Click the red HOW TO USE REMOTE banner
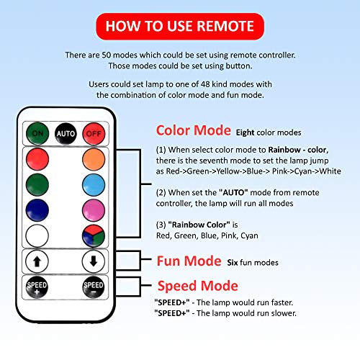179,27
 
